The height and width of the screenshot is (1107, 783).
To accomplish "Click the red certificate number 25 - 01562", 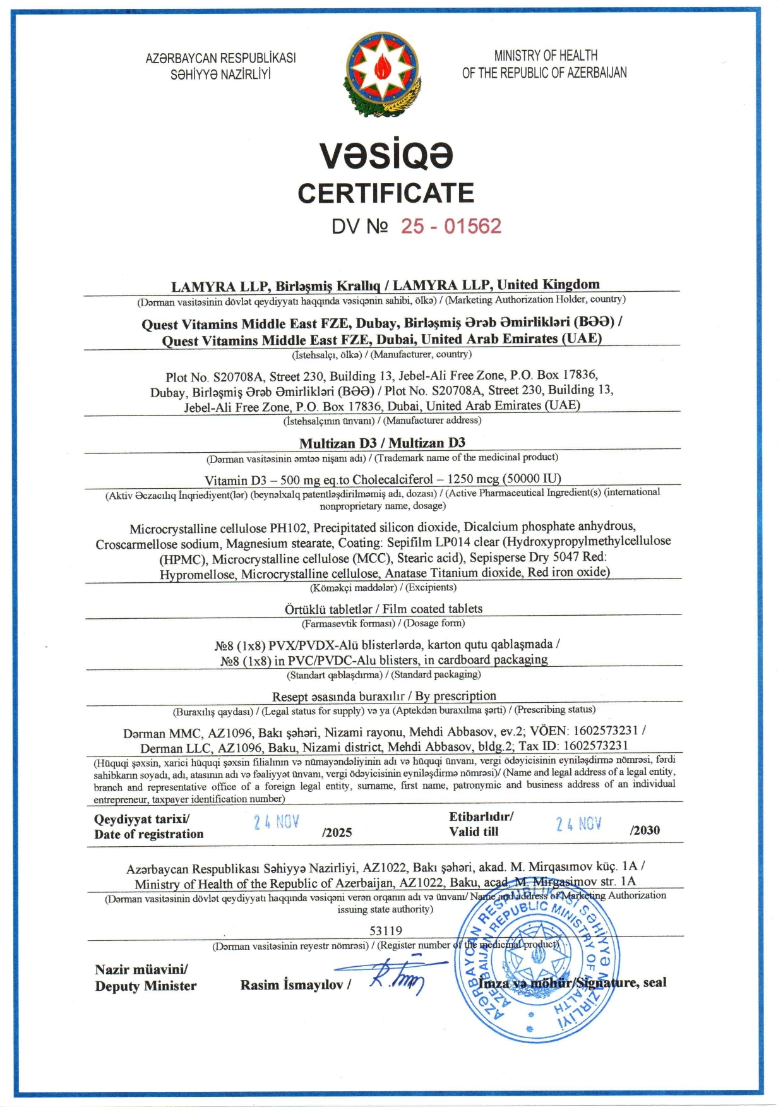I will [x=451, y=226].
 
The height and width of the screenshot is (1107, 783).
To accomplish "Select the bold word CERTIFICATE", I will [x=386, y=193].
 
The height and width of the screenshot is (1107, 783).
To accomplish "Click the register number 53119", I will [x=386, y=930].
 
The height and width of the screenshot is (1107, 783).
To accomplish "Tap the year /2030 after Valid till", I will [x=645, y=830].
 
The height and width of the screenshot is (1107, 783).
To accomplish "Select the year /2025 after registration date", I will [x=337, y=832].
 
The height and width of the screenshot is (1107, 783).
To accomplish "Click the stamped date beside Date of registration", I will [x=277, y=822].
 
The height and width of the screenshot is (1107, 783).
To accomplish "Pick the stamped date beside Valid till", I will [x=578, y=823].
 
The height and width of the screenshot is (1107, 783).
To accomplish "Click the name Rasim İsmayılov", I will [x=292, y=984].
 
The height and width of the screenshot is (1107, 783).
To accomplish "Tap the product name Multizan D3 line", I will [x=382, y=443].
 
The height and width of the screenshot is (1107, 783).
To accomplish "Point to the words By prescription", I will [x=455, y=696].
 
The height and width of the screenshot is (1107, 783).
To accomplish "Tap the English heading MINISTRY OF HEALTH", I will [x=546, y=56].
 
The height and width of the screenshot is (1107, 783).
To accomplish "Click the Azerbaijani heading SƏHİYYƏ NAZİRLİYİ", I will [x=220, y=75].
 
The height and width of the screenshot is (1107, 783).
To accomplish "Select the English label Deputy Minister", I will [x=146, y=986].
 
